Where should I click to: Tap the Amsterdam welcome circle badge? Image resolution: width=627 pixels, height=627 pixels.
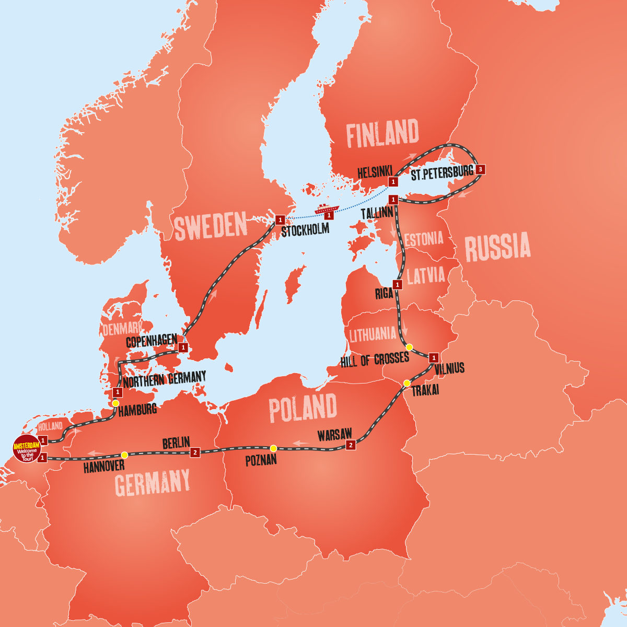tap(27, 448)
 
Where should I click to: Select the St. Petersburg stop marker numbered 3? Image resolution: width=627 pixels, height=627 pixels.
tap(480, 169)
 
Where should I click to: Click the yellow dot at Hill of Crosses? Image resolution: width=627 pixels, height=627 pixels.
tap(410, 347)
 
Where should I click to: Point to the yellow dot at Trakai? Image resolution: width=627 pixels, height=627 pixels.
tap(407, 383)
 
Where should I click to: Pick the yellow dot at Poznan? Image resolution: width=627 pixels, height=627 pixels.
tap(273, 448)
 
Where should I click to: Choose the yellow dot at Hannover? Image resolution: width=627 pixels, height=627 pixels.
tap(124, 455)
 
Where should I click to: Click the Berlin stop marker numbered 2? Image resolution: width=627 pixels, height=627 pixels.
tap(195, 452)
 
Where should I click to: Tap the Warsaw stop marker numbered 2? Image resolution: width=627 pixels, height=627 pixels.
tap(351, 445)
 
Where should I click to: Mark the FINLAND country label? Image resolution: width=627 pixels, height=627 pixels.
tap(382, 134)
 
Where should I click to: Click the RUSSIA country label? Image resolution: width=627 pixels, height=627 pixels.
tap(497, 248)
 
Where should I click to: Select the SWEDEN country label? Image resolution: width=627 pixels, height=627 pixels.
tap(211, 226)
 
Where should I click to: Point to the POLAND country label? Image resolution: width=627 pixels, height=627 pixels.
tap(303, 408)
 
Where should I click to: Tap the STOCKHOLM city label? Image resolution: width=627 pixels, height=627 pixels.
tap(305, 230)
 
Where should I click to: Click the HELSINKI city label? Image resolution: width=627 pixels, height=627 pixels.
tap(375, 172)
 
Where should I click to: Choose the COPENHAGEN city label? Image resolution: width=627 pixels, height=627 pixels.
tap(152, 341)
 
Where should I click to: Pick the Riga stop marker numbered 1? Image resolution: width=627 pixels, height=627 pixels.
tap(398, 285)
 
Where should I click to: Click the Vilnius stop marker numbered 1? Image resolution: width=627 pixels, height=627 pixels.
tap(434, 358)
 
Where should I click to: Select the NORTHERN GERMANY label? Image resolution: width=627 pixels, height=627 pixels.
tap(165, 379)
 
